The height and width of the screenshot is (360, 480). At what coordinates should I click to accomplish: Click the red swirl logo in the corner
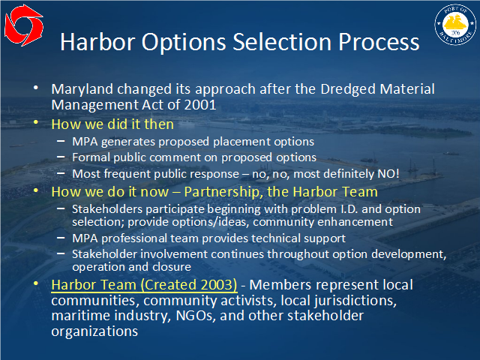(24, 25)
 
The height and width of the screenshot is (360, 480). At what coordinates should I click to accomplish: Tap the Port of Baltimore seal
(455, 25)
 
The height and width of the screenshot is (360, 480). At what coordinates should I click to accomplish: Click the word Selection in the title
(282, 42)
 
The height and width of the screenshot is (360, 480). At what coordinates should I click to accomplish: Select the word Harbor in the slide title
(97, 42)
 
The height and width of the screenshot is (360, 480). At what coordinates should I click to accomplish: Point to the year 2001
(200, 105)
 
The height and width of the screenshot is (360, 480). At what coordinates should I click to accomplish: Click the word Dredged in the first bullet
(348, 89)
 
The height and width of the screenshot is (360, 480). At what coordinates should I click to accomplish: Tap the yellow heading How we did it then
(112, 124)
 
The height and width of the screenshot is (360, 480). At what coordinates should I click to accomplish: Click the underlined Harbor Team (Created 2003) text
(144, 285)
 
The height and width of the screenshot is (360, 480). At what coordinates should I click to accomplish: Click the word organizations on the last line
(94, 331)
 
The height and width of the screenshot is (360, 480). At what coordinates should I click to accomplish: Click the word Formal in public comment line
(91, 157)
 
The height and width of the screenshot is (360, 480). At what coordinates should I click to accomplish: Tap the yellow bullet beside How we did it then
(36, 122)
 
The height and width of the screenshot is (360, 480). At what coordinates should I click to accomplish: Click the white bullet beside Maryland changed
(36, 88)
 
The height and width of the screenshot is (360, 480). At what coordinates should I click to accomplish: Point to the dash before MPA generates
(61, 141)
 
